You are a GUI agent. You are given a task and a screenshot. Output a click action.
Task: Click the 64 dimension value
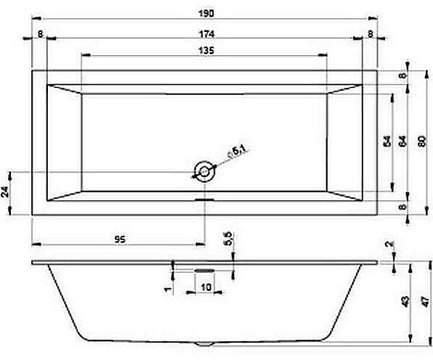click(x=402, y=142)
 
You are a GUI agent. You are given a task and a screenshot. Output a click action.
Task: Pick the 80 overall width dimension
click(x=422, y=142)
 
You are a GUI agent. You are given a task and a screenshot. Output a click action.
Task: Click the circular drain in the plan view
click(x=204, y=171)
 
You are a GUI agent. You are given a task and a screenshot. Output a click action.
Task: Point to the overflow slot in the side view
click(x=204, y=266)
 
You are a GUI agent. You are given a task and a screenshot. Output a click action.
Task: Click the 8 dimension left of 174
click(x=39, y=34)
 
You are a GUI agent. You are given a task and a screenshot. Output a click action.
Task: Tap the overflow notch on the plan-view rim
click(x=204, y=197)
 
